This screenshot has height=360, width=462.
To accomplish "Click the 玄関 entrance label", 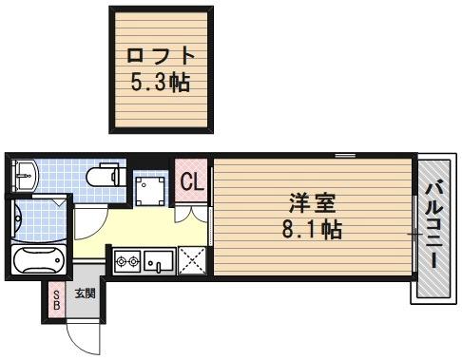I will coord(85,294).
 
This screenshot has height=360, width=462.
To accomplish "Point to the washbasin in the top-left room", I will coord(25,175).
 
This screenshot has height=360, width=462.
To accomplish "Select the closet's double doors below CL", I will coord(193,210).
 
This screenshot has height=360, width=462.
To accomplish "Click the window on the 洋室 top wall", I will coord(344,155).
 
